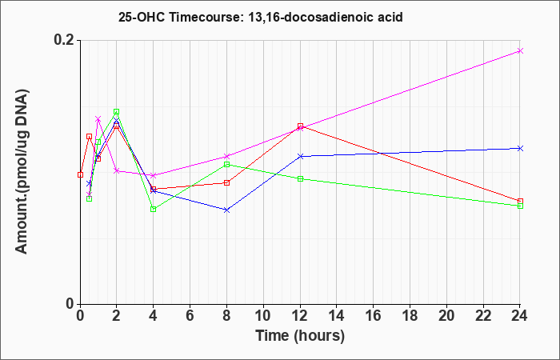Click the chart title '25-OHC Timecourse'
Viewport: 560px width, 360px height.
point(178,17)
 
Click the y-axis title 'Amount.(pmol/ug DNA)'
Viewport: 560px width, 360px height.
point(22,171)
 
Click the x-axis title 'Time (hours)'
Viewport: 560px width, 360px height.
point(300,336)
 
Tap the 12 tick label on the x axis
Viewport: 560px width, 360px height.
point(300,316)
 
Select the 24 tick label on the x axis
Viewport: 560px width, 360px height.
point(519,316)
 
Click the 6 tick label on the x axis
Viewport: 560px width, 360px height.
point(190,316)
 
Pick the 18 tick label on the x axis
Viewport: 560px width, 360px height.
point(410,316)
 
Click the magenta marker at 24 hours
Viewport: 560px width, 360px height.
point(520,50)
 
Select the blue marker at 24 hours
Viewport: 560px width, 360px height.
point(520,148)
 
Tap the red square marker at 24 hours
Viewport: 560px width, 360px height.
point(520,202)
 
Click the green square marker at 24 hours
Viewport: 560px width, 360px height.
point(520,206)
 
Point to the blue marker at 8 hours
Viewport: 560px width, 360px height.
point(226,210)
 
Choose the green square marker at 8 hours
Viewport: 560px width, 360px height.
point(226,164)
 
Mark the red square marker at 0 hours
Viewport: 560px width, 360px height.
point(80,174)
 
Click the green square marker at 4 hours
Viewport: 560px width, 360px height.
point(154,210)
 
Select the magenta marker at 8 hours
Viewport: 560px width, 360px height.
point(226,157)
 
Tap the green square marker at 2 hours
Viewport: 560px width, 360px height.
point(117,112)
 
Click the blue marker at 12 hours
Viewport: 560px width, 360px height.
point(300,157)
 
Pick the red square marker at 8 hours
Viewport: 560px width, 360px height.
point(226,183)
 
